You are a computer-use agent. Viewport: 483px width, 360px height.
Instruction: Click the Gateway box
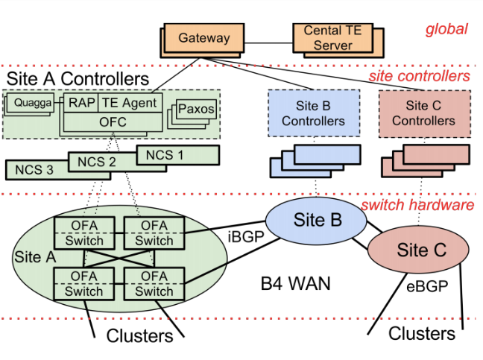[203, 37]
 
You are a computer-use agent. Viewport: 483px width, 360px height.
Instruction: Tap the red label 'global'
[446, 29]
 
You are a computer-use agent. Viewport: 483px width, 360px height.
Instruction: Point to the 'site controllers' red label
[420, 76]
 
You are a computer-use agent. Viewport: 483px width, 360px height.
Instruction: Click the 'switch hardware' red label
[417, 204]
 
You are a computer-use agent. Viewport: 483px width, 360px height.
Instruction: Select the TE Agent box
[128, 103]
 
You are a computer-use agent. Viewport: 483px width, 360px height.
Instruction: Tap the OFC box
[112, 121]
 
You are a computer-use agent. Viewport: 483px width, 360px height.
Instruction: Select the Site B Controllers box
[313, 113]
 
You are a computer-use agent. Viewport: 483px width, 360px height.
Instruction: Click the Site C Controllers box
[423, 113]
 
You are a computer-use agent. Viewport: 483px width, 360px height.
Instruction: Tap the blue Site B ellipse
[317, 220]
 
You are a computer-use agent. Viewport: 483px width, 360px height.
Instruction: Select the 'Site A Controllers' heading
[78, 78]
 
